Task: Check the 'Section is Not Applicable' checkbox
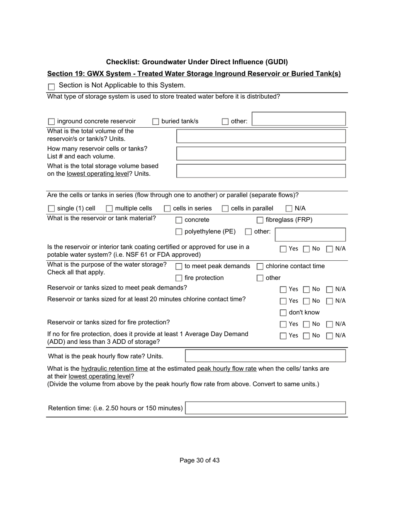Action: (x=51, y=87)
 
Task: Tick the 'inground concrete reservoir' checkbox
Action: (x=51, y=121)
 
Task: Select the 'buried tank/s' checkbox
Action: (x=156, y=121)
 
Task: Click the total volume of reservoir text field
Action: (x=261, y=136)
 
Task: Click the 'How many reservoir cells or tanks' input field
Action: (x=261, y=153)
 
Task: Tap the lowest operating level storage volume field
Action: (x=261, y=171)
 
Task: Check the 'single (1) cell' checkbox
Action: (x=51, y=209)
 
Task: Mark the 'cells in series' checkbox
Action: (x=168, y=209)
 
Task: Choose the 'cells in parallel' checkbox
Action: (x=225, y=209)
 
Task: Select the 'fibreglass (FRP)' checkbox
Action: (x=260, y=220)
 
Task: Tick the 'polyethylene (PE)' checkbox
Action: (x=179, y=232)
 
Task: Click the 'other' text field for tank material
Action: (x=310, y=234)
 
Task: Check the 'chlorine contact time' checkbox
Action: (x=260, y=267)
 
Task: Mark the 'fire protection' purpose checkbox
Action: (x=179, y=278)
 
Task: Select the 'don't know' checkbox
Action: (x=283, y=313)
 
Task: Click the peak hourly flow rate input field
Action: (x=265, y=356)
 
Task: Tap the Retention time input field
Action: (x=265, y=408)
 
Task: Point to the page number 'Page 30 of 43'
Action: (x=199, y=460)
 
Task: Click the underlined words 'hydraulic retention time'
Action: (x=114, y=369)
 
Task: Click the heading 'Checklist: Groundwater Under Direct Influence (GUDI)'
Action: (x=197, y=62)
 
